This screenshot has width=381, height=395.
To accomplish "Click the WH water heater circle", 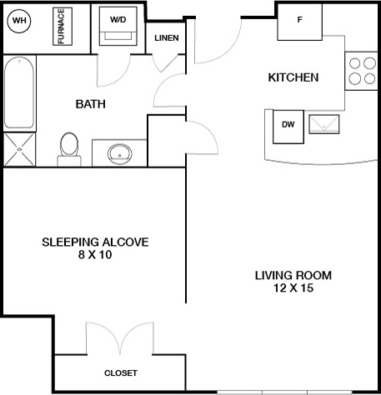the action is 19,21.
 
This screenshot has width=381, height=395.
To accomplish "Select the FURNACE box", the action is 63,27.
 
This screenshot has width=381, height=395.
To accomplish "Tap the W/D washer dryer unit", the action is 118,26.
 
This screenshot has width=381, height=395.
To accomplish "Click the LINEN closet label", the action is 167,37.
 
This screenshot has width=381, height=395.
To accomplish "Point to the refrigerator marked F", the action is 300,22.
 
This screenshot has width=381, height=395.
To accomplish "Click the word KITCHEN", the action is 293,77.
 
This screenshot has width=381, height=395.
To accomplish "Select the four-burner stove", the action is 363,71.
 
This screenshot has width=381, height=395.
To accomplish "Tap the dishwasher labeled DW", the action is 288,127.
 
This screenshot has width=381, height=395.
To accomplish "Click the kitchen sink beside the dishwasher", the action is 324,124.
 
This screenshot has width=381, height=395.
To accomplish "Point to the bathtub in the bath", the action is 19,92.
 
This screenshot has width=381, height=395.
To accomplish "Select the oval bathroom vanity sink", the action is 120,154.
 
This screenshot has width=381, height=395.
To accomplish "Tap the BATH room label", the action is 91,104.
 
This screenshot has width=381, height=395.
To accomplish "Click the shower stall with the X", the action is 19,149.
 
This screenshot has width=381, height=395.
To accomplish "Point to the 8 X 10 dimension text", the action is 95,254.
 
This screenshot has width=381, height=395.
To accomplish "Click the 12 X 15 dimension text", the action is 293,287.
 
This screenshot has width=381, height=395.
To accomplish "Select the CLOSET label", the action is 121,372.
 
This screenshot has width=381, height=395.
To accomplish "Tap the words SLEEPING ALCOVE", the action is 95,242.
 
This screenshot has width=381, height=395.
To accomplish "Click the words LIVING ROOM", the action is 293,275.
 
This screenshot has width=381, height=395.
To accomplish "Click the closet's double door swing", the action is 120,338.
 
